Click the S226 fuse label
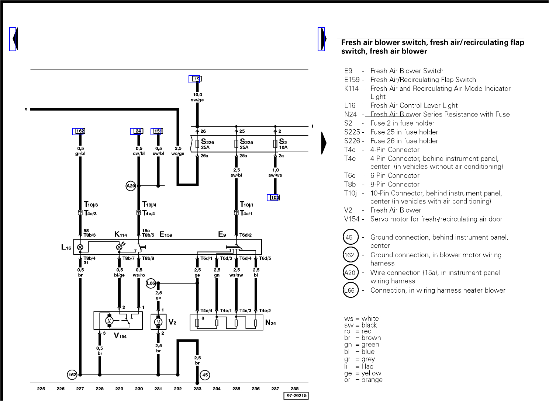(207, 142)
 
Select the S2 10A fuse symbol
(275, 144)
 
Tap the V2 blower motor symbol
(158, 322)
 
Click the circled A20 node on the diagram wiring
(131, 186)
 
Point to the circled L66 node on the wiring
(151, 283)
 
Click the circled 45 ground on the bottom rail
(205, 375)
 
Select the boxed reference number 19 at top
(197, 79)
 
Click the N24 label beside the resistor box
(270, 323)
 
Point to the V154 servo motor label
(120, 336)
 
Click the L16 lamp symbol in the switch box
(80, 247)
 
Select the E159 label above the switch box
(166, 234)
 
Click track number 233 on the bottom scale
(197, 388)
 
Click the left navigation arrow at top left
(14, 39)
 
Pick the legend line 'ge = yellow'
(363, 373)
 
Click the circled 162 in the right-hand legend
(349, 255)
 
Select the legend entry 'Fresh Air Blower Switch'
(407, 71)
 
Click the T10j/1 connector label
(246, 205)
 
